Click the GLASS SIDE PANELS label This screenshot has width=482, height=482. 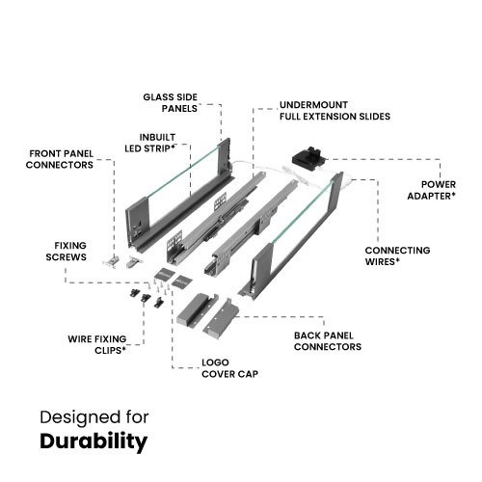pyautogui.click(x=171, y=103)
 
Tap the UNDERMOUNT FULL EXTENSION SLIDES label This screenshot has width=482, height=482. pyautogui.click(x=335, y=111)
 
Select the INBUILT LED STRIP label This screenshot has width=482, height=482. pyautogui.click(x=150, y=143)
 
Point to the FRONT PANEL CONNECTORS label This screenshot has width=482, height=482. pyautogui.click(x=60, y=159)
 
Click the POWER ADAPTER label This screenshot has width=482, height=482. pyautogui.click(x=432, y=190)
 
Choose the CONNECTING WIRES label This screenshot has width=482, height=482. pyautogui.click(x=397, y=255)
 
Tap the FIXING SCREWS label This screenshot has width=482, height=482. pyautogui.click(x=67, y=252)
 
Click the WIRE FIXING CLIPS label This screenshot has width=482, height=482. pyautogui.click(x=97, y=345)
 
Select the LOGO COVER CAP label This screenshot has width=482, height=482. pyautogui.click(x=229, y=368)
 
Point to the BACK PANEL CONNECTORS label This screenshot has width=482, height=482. pyautogui.click(x=328, y=341)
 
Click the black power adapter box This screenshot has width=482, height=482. pyautogui.click(x=309, y=159)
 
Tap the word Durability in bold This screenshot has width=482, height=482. pyautogui.click(x=94, y=442)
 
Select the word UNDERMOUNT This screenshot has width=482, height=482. pyautogui.click(x=313, y=105)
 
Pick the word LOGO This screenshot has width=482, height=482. pyautogui.click(x=215, y=362)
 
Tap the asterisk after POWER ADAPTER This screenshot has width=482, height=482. pyautogui.click(x=453, y=194)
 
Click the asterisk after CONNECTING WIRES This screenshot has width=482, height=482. pyautogui.click(x=397, y=259)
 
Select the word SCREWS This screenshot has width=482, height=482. pyautogui.click(x=67, y=257)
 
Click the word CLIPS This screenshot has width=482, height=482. pyautogui.click(x=108, y=351)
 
